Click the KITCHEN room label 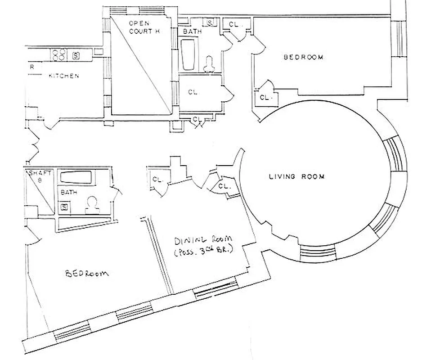[x=64, y=76]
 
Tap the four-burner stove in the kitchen [x=59, y=55]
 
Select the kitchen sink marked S [x=76, y=56]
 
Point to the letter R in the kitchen [x=31, y=67]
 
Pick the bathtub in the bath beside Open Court [x=188, y=55]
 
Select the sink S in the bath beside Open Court [x=210, y=22]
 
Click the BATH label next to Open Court [x=193, y=32]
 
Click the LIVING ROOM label [x=293, y=177]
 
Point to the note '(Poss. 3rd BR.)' [x=203, y=252]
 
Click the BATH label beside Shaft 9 [x=69, y=192]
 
